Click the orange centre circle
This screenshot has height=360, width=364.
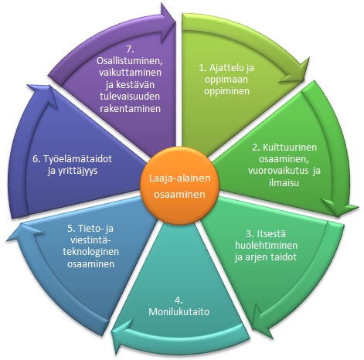179,186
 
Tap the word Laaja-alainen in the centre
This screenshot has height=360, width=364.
180,178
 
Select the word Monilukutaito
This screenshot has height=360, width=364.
179,312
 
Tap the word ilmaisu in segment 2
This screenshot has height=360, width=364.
284,182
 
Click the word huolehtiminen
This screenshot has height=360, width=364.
266,245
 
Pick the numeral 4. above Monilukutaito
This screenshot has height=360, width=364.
179,301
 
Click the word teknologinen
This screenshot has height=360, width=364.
90,251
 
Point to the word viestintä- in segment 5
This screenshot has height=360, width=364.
90,240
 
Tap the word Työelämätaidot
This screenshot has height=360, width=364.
77,158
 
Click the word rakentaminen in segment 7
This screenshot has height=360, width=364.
130,108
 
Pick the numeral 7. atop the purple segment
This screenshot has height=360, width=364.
130,49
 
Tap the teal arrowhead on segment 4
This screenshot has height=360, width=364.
123,331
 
